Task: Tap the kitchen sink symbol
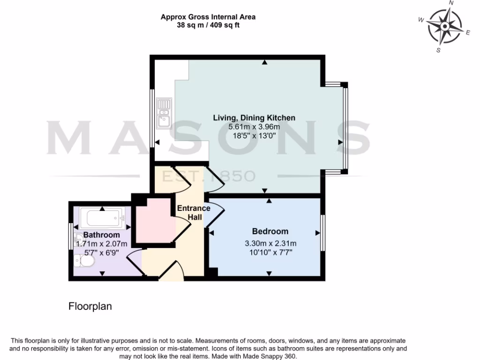pos(164,113)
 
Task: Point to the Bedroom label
pos(270,231)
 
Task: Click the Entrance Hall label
pos(193,213)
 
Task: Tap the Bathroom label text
pos(101,235)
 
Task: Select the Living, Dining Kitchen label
pos(254,118)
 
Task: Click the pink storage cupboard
pos(152,220)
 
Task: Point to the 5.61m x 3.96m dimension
pos(254,127)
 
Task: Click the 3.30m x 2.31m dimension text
pos(270,243)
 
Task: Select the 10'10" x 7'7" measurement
pos(270,252)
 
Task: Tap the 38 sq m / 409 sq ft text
pos(208,25)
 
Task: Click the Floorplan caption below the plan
pos(90,307)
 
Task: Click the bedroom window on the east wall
pos(322,233)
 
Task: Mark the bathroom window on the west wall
pos(70,236)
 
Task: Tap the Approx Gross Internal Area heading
pos(208,17)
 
